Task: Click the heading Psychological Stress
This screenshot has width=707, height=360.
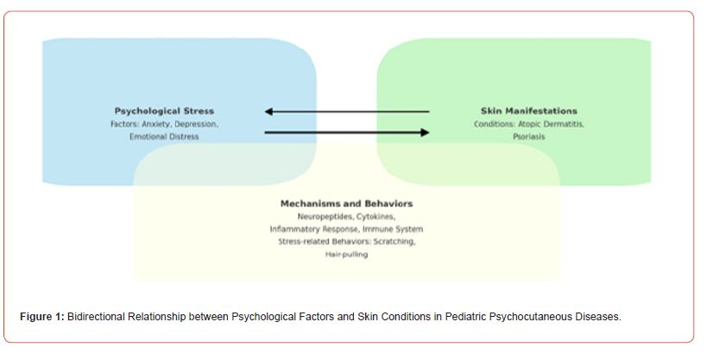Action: click(x=164, y=111)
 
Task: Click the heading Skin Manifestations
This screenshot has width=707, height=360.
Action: click(x=528, y=111)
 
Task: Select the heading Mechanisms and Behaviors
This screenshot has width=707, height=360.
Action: click(x=346, y=204)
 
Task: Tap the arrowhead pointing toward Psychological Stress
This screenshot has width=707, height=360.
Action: click(x=268, y=111)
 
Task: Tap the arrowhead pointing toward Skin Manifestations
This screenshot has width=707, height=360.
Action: click(x=425, y=132)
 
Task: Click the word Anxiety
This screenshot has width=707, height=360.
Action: click(x=156, y=124)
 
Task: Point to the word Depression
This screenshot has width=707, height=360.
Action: click(x=196, y=124)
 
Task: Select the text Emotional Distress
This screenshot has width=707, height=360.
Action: click(x=164, y=136)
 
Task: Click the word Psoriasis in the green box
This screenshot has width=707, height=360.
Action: click(x=529, y=136)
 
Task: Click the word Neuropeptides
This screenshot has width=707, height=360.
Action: click(x=325, y=217)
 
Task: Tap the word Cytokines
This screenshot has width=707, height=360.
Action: click(x=376, y=217)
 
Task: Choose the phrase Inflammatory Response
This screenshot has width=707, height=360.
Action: click(x=315, y=229)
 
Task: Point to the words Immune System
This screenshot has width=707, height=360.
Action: click(x=393, y=229)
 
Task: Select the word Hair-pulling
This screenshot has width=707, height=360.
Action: click(x=347, y=255)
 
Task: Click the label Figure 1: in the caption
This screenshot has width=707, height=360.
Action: click(x=42, y=317)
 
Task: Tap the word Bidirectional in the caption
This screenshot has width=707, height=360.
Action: click(x=96, y=317)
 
